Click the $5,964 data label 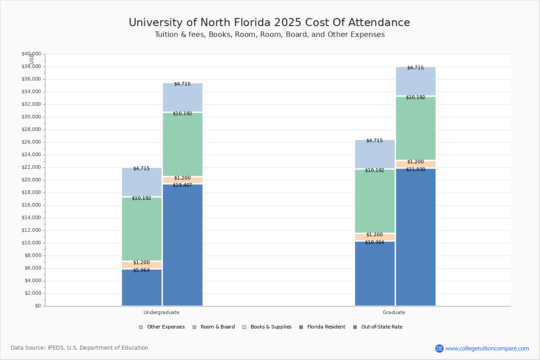point(141,270)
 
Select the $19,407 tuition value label point(182,185)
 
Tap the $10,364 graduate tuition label point(374,243)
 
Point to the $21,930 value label point(415,170)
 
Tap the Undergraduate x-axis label point(162,312)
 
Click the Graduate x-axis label point(394,312)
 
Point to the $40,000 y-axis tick point(31,54)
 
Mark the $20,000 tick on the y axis point(31,180)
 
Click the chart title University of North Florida point(269,23)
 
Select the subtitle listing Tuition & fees point(270,35)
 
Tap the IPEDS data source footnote point(80,348)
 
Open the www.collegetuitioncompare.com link point(487,348)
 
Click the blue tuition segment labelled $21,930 point(416,238)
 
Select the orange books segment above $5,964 point(142,265)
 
